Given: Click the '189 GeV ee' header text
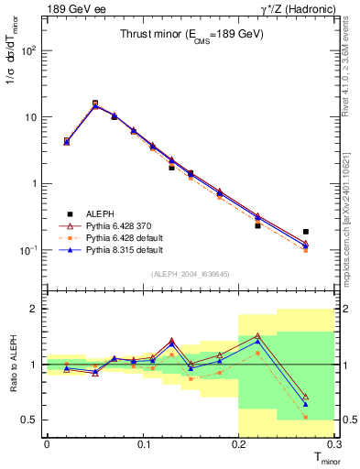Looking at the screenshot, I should coord(72,10).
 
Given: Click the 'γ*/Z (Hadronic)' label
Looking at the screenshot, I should coord(293,10).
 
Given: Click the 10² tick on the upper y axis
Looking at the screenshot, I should coord(31,51).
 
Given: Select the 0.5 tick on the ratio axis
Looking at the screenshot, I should coord(30,420).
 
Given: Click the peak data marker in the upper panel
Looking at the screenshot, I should coord(95,104).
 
